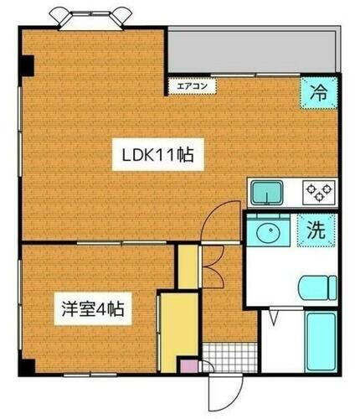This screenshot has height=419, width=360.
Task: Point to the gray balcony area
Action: point(251,50)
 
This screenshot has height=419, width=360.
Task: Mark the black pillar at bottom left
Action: point(27,365)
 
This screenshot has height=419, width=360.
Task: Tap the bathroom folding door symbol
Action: point(275,318)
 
